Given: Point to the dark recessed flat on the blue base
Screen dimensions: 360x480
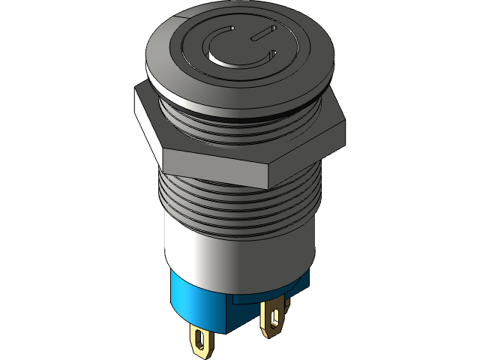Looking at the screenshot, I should (247, 311).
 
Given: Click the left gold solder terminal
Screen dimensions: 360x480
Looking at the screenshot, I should (201, 341).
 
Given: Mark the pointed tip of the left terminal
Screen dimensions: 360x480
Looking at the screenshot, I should (201, 354).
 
